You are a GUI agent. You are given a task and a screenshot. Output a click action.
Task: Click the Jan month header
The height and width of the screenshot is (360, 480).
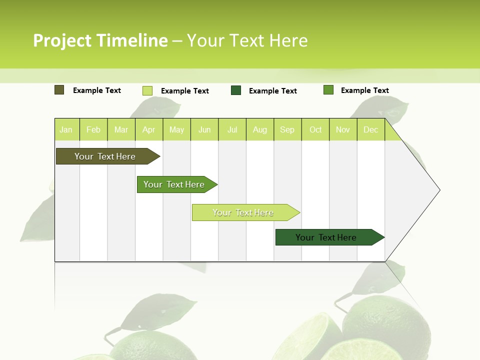(x=66, y=129)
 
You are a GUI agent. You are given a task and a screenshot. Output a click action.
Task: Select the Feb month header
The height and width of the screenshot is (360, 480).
(x=93, y=129)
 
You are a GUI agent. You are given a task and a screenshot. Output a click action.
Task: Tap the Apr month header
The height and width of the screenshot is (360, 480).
(x=149, y=129)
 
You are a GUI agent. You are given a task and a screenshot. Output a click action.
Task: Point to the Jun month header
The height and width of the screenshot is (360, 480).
(x=204, y=129)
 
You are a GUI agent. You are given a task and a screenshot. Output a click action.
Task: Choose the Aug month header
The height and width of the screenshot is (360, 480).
(x=260, y=129)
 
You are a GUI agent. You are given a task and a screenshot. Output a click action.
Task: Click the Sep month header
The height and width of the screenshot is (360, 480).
(x=287, y=129)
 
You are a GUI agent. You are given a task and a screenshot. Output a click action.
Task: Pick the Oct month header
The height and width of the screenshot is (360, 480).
(x=315, y=129)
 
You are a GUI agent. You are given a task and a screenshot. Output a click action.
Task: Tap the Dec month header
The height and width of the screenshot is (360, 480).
(x=371, y=129)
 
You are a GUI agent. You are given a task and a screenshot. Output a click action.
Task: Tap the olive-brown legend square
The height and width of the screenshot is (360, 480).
(x=59, y=90)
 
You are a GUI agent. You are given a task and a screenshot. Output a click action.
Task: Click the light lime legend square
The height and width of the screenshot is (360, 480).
(x=147, y=90)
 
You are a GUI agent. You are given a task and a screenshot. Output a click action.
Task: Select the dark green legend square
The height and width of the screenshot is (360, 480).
(x=236, y=90)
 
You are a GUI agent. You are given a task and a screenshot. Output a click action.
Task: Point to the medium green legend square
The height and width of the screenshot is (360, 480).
(x=328, y=90)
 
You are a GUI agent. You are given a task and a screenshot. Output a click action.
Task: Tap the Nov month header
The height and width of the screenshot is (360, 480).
(x=343, y=129)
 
